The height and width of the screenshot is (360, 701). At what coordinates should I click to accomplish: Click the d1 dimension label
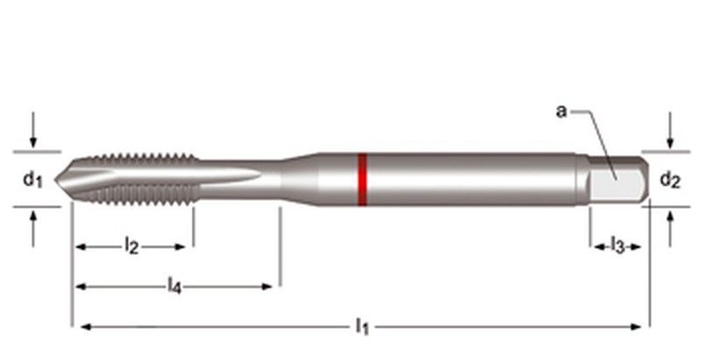[32, 180]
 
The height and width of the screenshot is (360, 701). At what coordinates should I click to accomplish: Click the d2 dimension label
[669, 180]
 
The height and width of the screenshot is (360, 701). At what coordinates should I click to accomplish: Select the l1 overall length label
[361, 327]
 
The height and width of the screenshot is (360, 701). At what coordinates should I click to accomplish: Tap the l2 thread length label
[131, 247]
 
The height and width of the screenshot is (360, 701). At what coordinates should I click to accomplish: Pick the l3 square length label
[617, 246]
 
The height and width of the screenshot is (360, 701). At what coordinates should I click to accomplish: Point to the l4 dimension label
[175, 285]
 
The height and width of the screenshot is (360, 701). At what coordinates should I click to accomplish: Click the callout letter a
[562, 110]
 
